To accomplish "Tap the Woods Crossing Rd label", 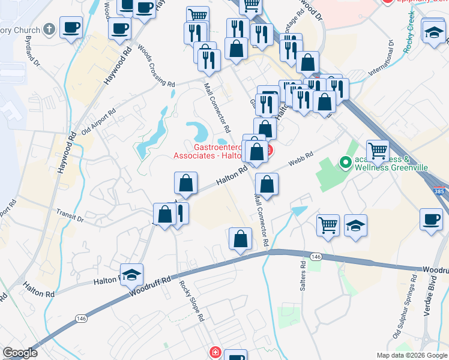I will pyautogui.click(x=156, y=65).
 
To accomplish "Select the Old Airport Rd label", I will pyautogui.click(x=98, y=122).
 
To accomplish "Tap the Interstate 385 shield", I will pyautogui.click(x=441, y=190).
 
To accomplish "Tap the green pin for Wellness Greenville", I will pyautogui.click(x=345, y=162).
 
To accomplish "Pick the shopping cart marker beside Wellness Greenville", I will pyautogui.click(x=378, y=151).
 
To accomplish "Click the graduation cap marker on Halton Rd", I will pyautogui.click(x=132, y=275).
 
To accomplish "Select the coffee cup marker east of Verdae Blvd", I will pyautogui.click(x=431, y=219).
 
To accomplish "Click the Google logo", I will pyautogui.click(x=20, y=353).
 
